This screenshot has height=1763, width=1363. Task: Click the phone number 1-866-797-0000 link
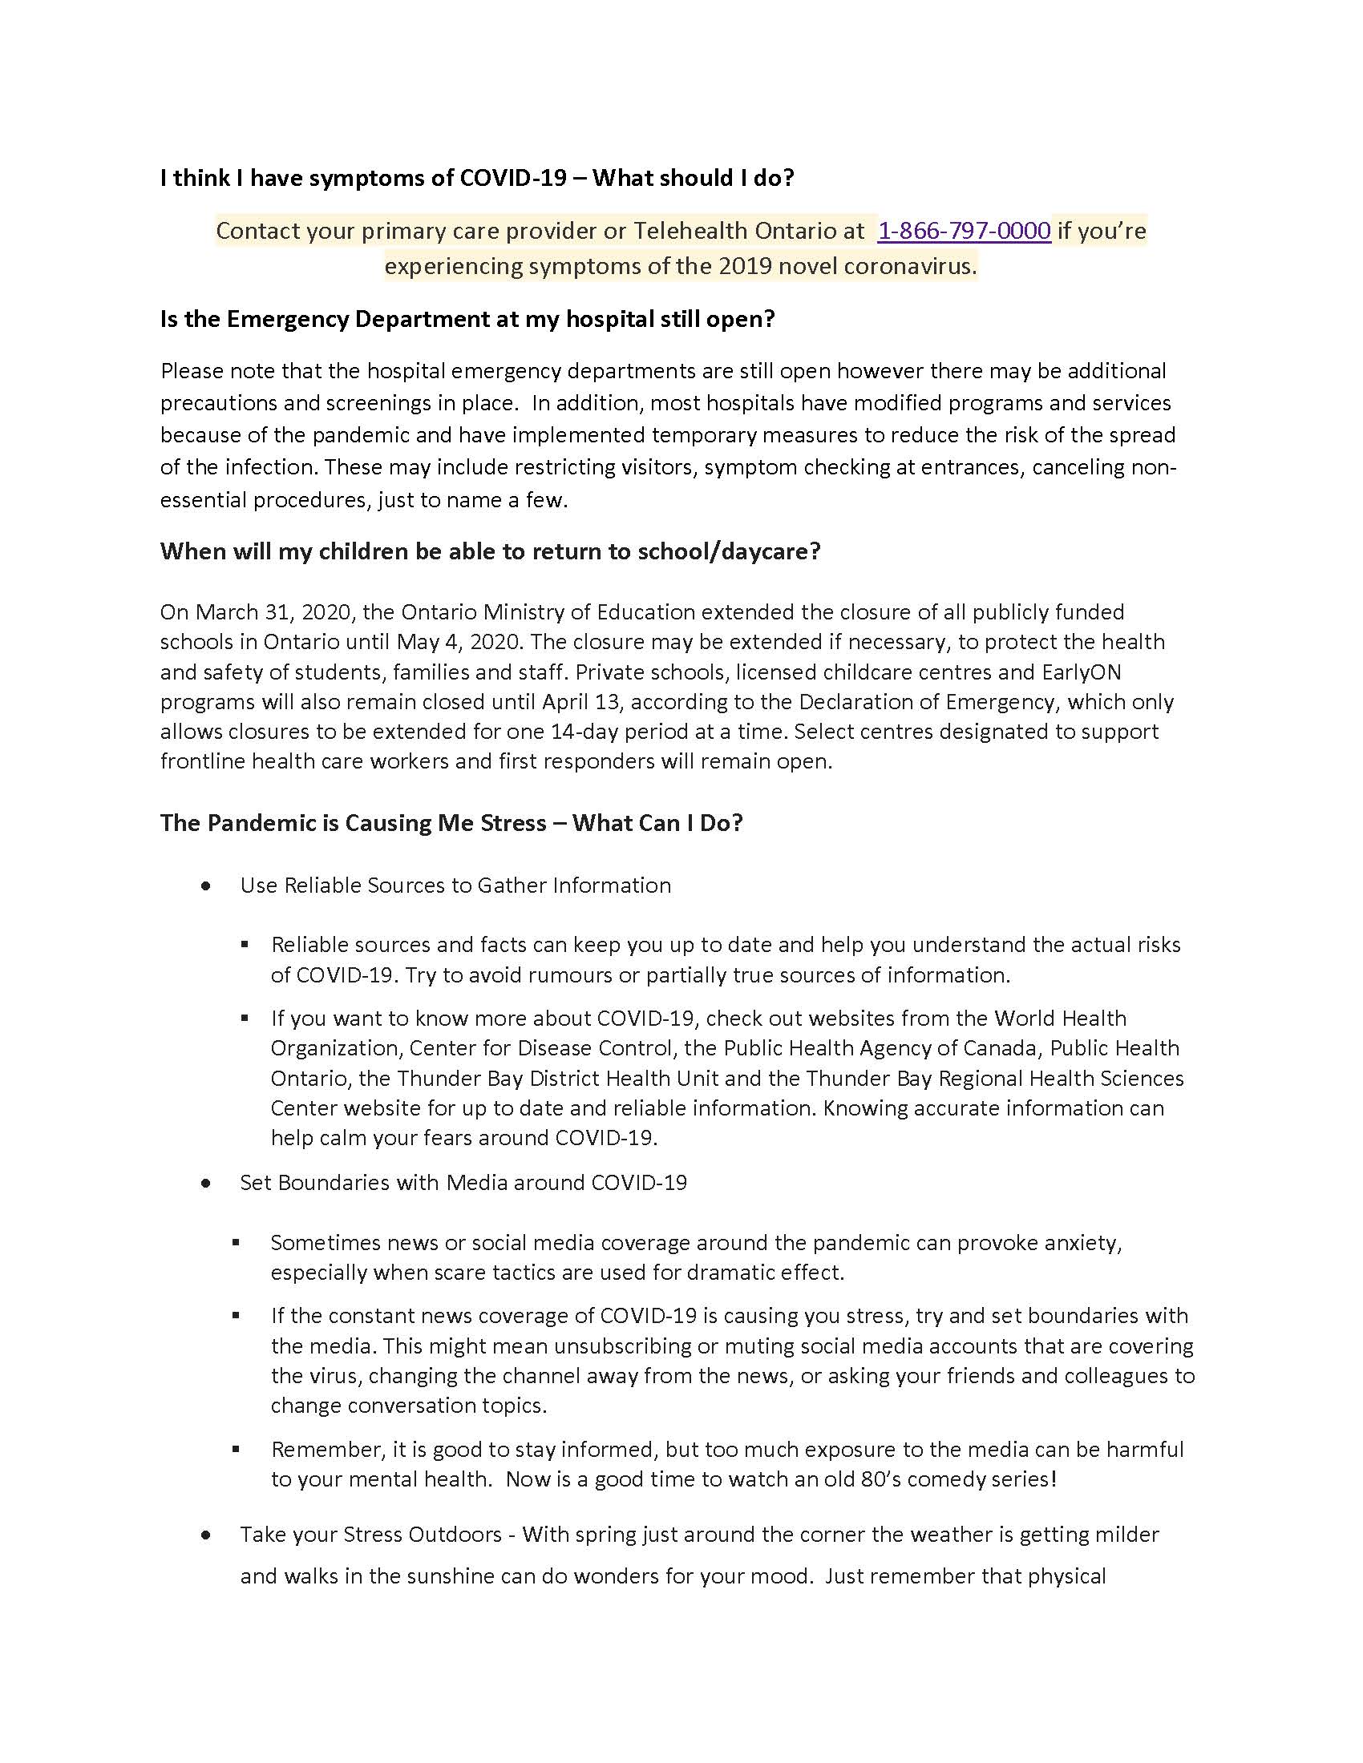[x=963, y=231]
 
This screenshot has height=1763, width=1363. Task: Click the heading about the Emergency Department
[x=467, y=319]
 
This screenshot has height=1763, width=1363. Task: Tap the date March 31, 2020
[x=270, y=612]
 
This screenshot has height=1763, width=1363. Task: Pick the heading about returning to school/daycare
[x=490, y=551]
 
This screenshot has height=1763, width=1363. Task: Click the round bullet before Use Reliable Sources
[x=207, y=886]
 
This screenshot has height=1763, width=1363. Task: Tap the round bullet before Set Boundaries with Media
[x=207, y=1183]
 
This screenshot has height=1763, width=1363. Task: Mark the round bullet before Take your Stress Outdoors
[x=207, y=1535]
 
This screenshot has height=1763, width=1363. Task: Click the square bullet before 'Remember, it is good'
[x=236, y=1450]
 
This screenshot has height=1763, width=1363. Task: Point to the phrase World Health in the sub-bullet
[x=1059, y=1018]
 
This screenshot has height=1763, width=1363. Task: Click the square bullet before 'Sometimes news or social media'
[x=236, y=1243]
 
